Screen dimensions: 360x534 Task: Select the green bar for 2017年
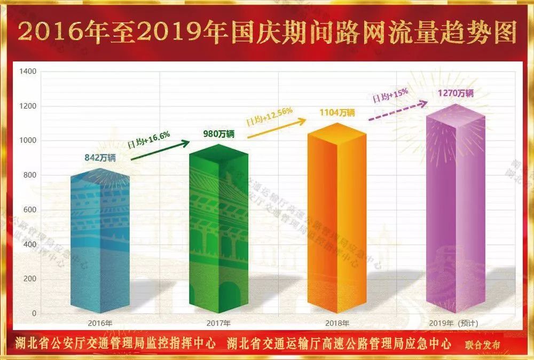(219, 230)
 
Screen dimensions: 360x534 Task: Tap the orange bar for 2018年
(337, 219)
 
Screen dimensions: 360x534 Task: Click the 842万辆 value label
(100, 158)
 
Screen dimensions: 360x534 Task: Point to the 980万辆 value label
(219, 134)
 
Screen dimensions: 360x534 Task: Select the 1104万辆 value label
(337, 113)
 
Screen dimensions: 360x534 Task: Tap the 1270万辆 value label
(456, 93)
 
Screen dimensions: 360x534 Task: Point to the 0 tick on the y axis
(34, 314)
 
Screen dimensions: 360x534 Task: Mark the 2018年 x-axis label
(337, 323)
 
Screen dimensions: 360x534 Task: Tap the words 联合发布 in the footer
(483, 345)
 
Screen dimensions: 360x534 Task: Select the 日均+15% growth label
(390, 96)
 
